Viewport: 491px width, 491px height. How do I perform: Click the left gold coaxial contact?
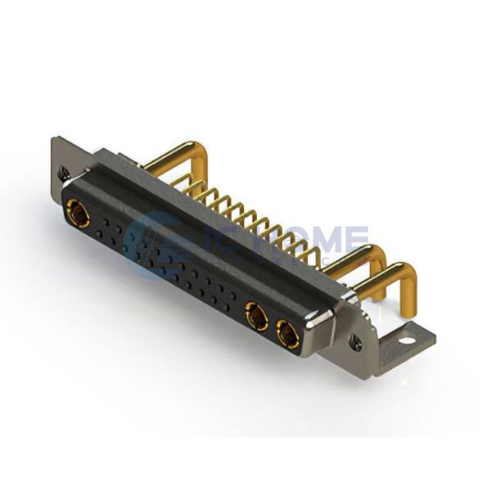click(x=79, y=216)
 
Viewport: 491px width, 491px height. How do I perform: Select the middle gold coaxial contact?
click(x=256, y=315)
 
